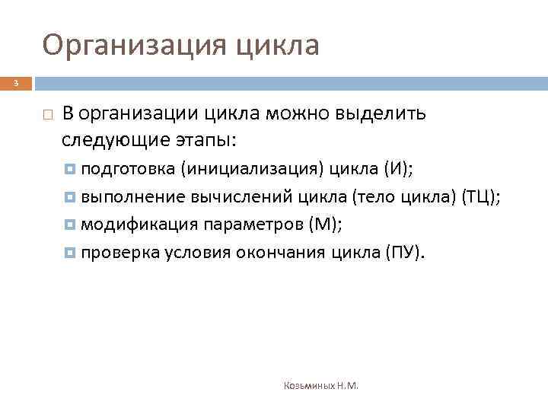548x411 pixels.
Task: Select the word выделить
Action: [388, 114]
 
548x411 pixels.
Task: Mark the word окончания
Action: [291, 252]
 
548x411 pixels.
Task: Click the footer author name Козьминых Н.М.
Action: [320, 386]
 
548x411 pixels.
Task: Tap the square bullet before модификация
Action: [71, 225]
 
